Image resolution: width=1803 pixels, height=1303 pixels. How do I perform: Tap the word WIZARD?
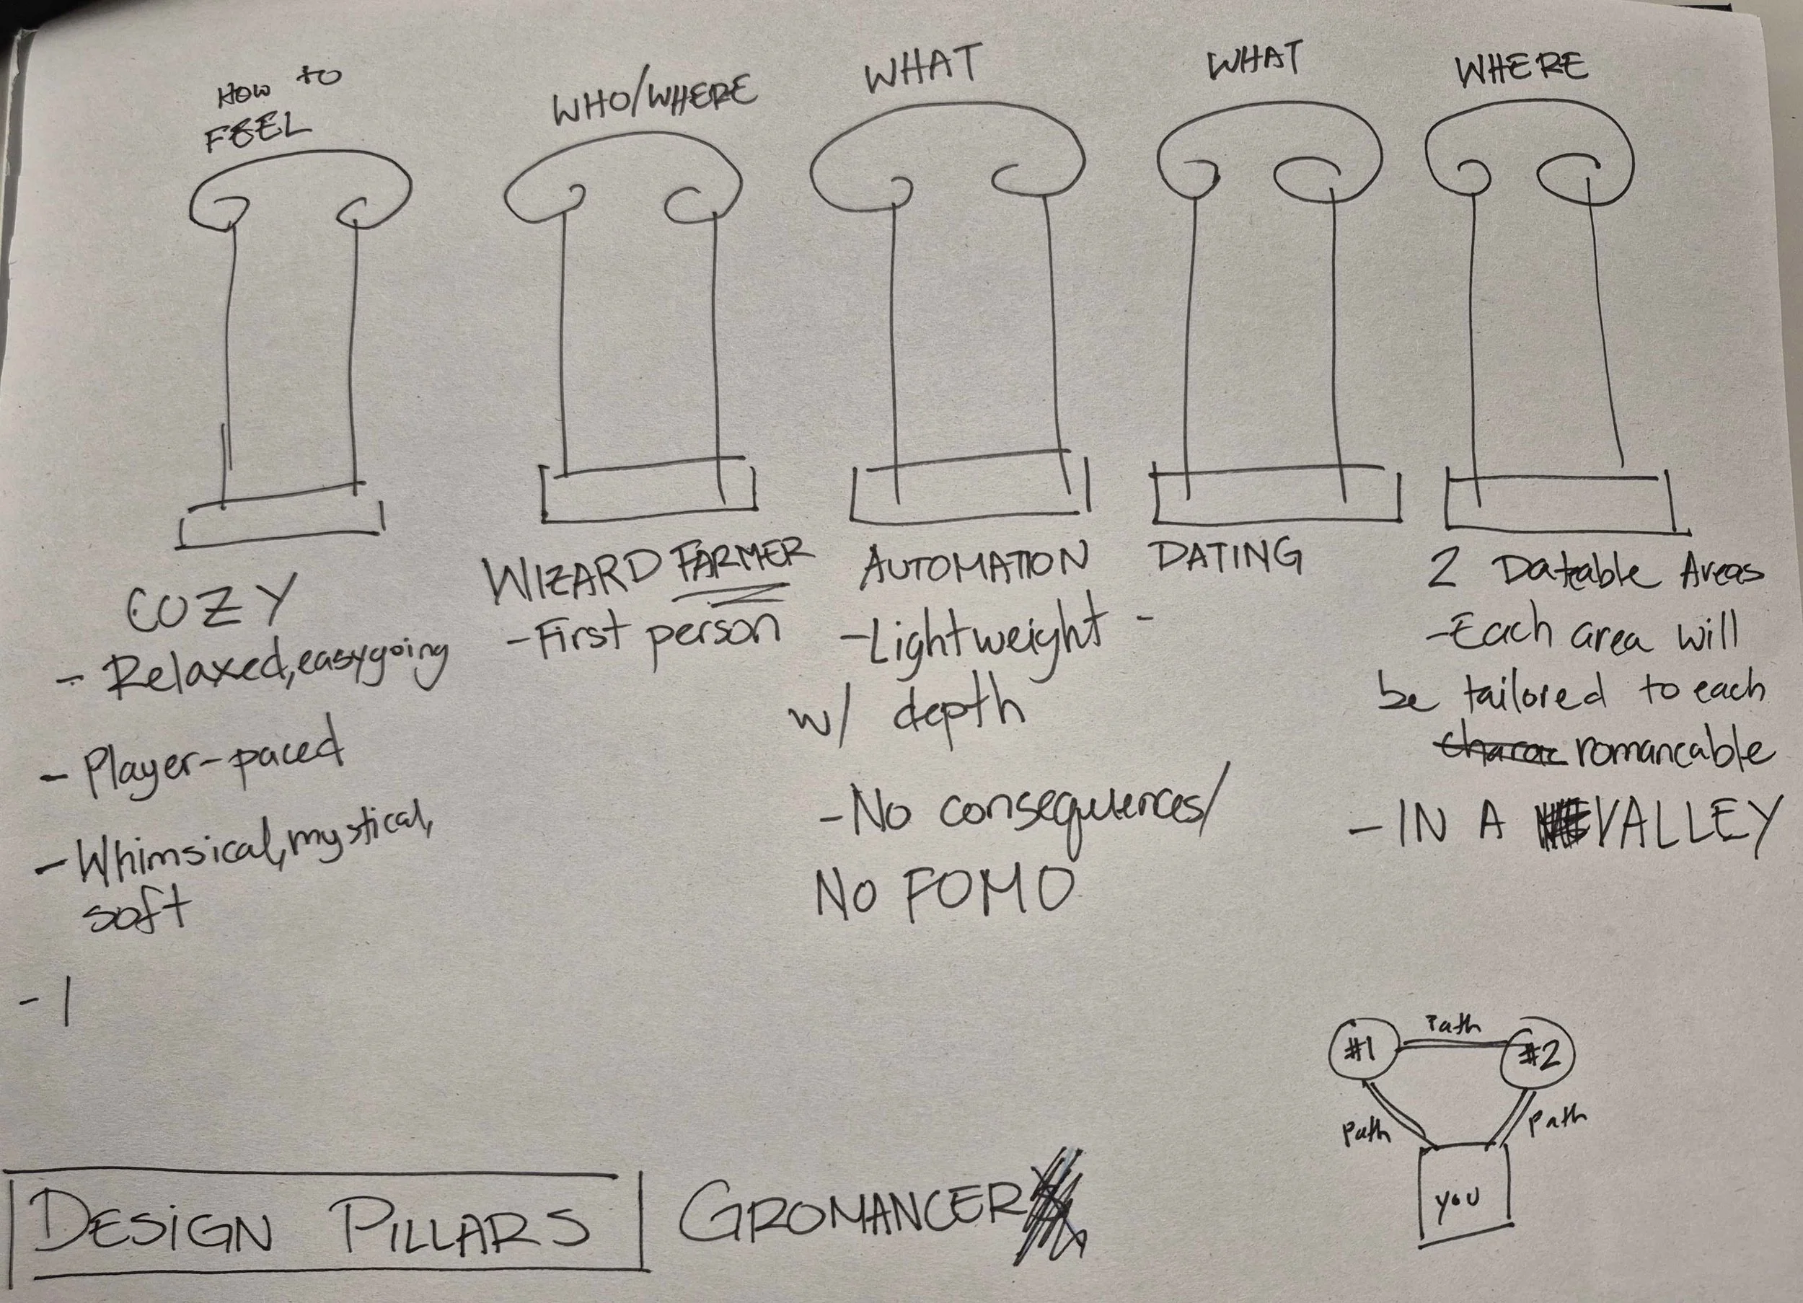573,581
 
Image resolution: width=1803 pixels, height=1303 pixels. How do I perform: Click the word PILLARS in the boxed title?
465,1224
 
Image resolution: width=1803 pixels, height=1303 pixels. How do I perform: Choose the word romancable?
1670,752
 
